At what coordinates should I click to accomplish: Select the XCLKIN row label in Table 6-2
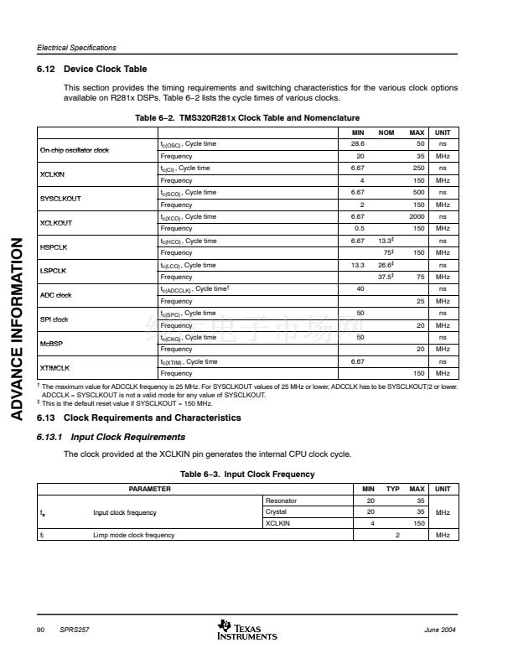tap(53, 174)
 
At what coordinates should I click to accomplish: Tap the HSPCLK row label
tap(54, 246)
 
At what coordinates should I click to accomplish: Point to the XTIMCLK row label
tap(55, 367)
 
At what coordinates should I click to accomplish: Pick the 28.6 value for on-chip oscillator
tap(356, 144)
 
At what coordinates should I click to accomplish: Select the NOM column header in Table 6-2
tap(386, 132)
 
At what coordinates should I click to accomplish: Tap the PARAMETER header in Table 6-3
tap(149, 489)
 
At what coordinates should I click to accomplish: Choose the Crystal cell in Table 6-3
tap(276, 511)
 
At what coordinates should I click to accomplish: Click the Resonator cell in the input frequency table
tap(281, 501)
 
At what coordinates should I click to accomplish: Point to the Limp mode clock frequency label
tap(134, 535)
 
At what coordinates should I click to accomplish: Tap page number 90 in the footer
tap(40, 630)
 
